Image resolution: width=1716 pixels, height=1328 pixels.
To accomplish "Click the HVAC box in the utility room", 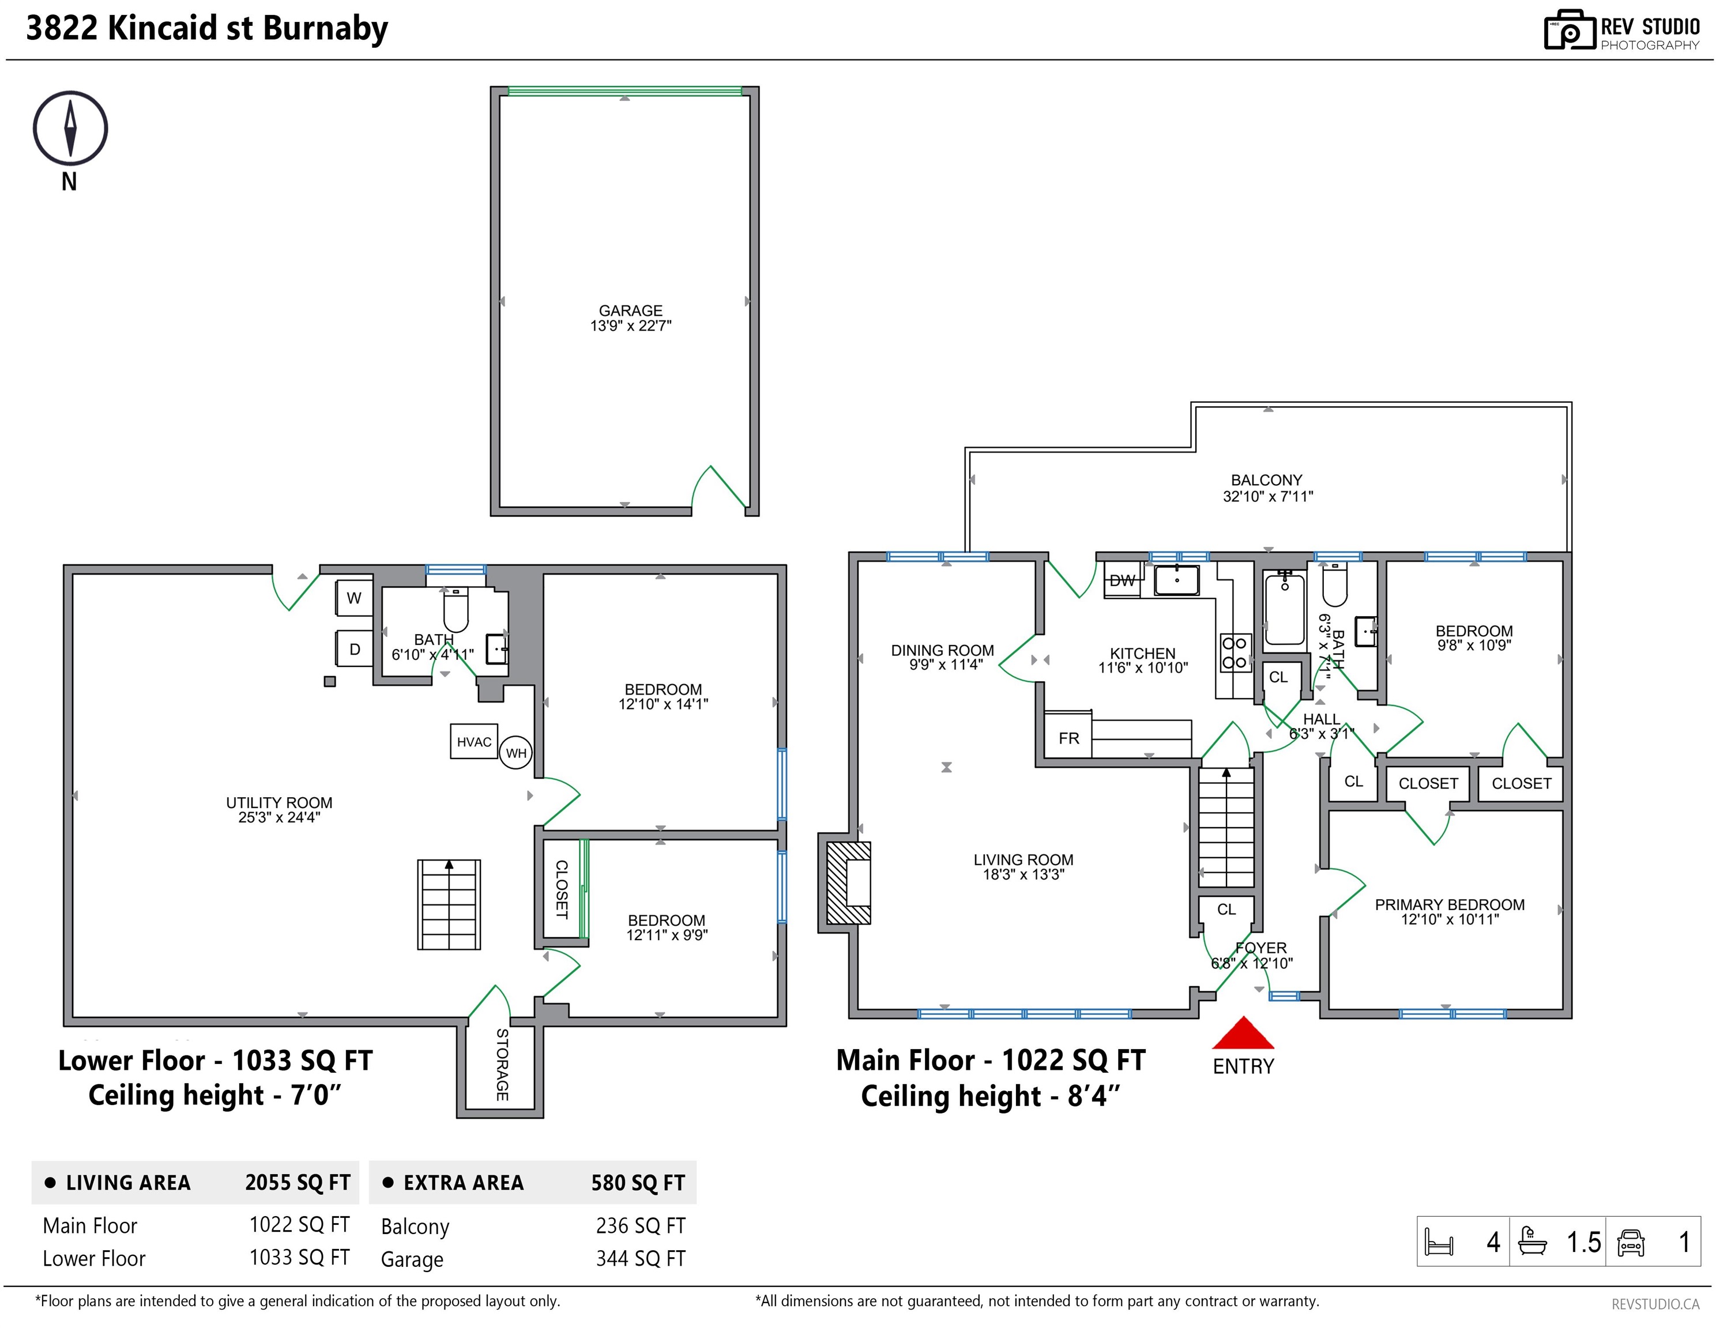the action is tap(474, 741).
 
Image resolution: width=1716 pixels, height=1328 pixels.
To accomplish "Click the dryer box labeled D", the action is tap(355, 648).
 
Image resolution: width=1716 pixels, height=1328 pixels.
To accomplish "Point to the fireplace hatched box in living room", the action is tap(849, 882).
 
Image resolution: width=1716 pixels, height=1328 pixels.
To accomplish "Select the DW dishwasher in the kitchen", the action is tap(1122, 580).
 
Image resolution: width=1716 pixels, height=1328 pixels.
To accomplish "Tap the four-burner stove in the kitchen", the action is tap(1235, 652).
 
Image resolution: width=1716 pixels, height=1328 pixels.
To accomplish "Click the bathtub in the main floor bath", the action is tap(1285, 609).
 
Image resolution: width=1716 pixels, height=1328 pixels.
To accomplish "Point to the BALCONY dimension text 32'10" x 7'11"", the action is tap(1267, 496).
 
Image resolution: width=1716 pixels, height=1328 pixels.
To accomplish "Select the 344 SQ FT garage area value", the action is tap(641, 1259).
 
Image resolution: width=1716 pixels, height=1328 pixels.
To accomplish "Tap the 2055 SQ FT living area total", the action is tap(298, 1183).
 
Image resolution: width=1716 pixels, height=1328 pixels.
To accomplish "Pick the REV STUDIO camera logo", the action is tap(1569, 30).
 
